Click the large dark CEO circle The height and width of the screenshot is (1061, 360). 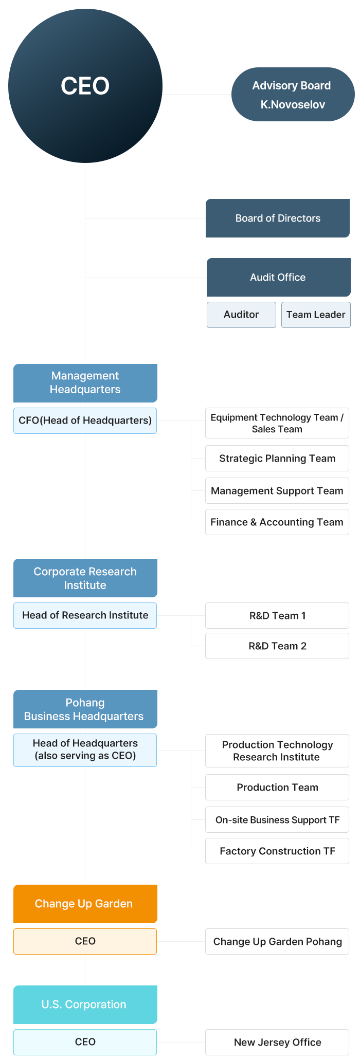pos(85,86)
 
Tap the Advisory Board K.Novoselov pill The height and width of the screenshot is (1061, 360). pos(293,95)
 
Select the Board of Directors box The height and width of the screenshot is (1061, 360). pos(278,218)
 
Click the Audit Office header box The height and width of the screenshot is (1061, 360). pos(278,277)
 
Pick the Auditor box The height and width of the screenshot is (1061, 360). pos(241,315)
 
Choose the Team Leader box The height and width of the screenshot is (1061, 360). pos(316,315)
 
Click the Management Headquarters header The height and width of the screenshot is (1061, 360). pos(85,383)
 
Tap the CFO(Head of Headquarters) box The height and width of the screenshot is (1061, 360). pos(85,420)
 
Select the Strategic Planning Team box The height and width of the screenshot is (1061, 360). pos(277,459)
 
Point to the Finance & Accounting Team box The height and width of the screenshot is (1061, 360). pos(277,522)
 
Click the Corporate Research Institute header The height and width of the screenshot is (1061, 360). pos(85,578)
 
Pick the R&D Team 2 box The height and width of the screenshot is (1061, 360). pos(277,646)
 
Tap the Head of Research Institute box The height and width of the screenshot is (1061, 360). pos(85,615)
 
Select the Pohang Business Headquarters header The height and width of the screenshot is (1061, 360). pos(85,709)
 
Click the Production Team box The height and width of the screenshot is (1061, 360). pos(277,788)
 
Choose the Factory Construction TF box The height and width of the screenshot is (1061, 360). pos(277,851)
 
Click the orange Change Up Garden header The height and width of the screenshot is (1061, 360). pos(85,904)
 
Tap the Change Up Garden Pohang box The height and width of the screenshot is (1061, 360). pos(277,942)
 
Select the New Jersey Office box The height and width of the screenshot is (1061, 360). pos(277,1042)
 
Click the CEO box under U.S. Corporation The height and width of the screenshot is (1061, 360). pos(85,1042)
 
